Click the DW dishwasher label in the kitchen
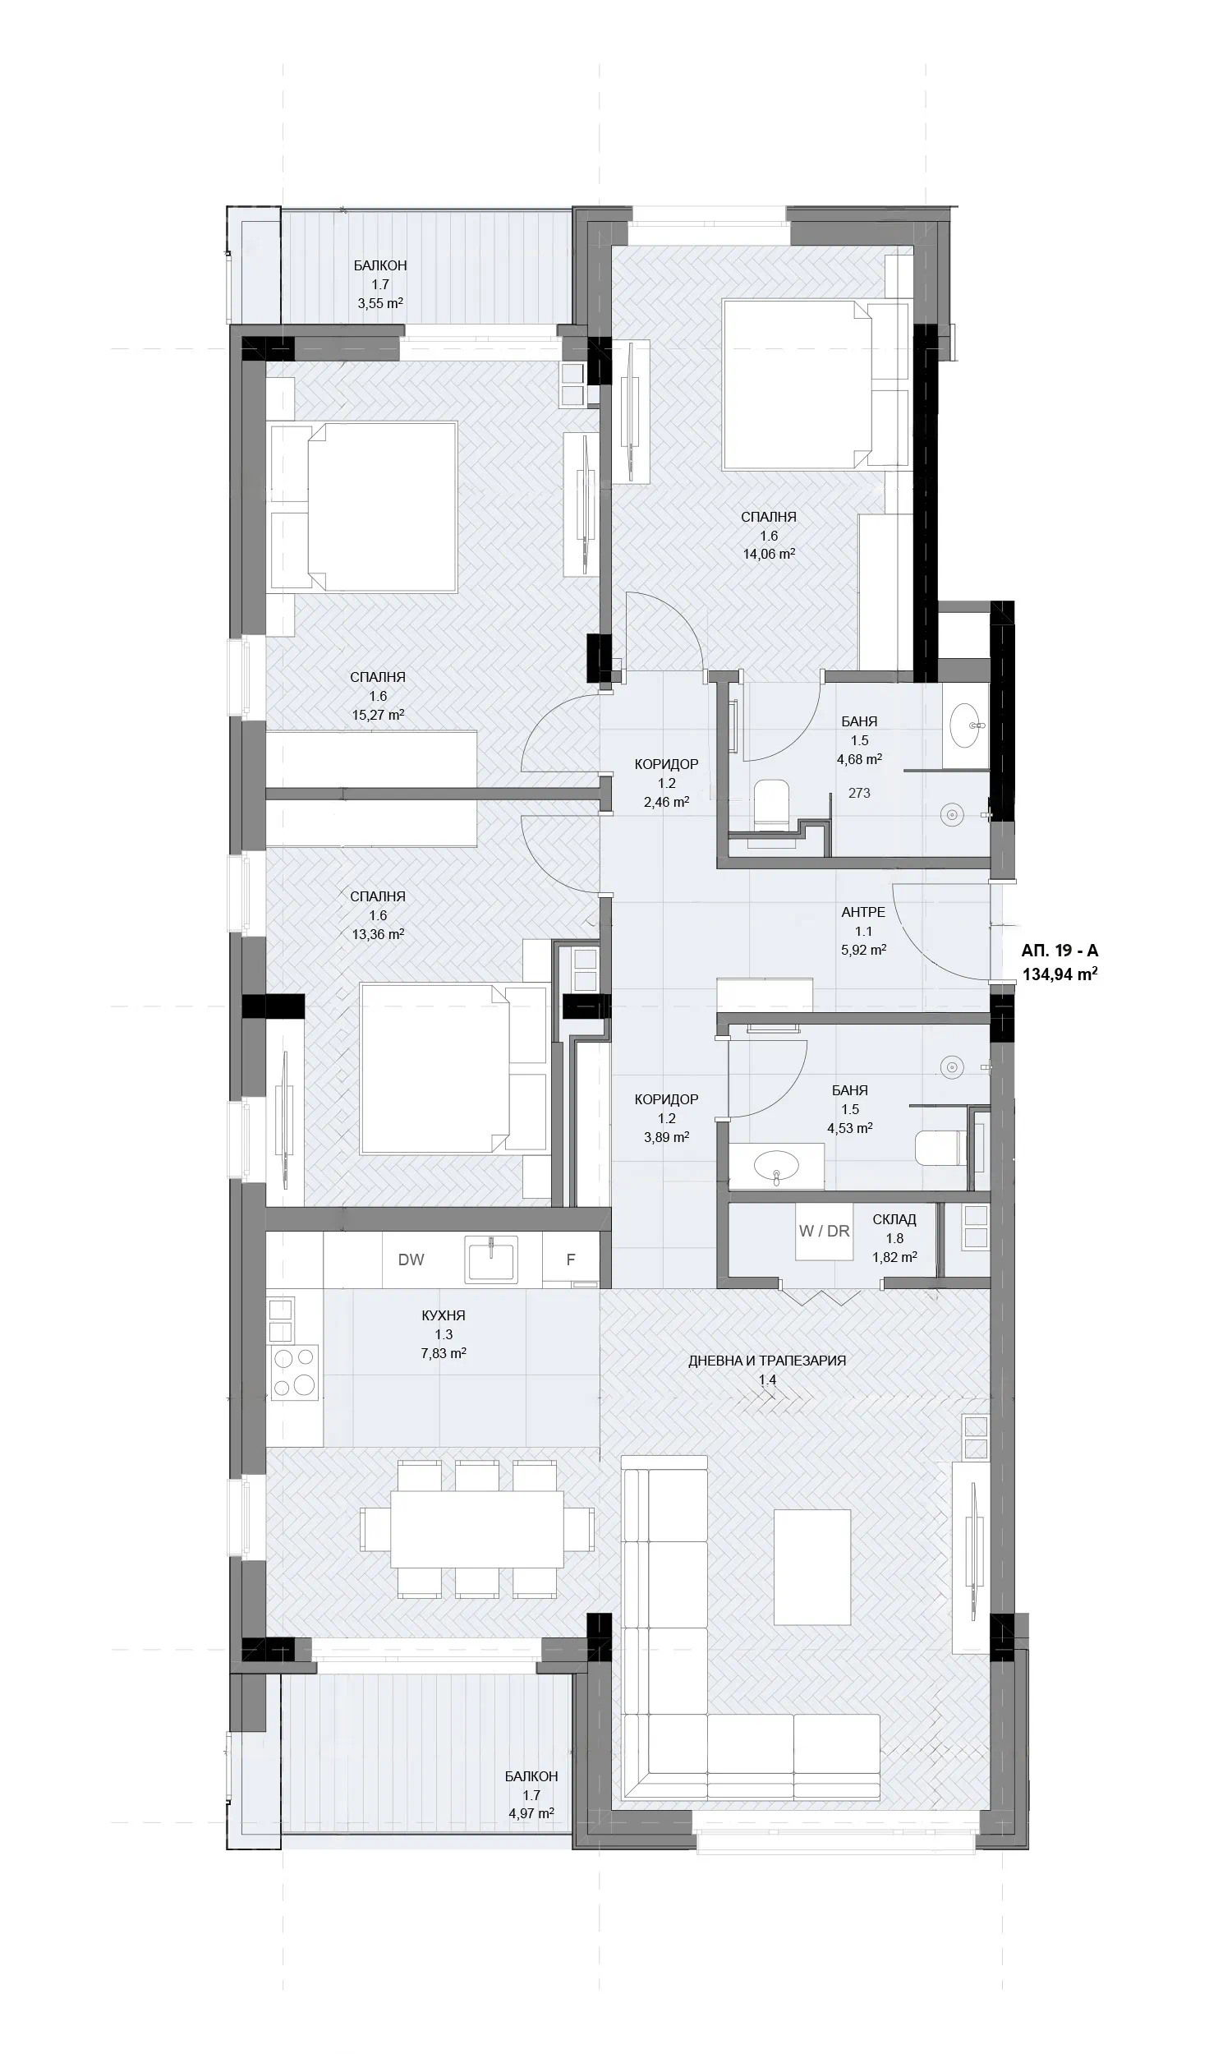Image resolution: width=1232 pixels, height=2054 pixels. click(411, 1260)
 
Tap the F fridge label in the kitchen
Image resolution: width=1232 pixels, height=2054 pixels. click(570, 1260)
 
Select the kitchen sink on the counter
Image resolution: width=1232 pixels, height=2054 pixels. click(492, 1260)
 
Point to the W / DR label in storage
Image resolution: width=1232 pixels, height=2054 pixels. click(825, 1232)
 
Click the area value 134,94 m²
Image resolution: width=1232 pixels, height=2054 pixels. click(1060, 974)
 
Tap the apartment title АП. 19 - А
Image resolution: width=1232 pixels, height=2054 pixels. click(1060, 951)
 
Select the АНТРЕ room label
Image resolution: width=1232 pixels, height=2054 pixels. click(863, 912)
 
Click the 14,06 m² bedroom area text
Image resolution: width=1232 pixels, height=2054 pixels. click(769, 554)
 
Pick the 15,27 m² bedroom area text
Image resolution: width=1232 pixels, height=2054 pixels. click(377, 714)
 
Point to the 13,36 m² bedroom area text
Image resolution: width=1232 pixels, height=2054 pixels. click(378, 934)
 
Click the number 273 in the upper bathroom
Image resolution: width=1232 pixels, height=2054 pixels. click(859, 793)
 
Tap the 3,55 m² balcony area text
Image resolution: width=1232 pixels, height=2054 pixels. click(380, 303)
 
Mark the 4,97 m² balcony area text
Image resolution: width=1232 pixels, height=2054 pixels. click(531, 1813)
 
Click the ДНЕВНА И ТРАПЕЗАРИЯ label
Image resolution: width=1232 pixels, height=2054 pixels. click(767, 1361)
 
